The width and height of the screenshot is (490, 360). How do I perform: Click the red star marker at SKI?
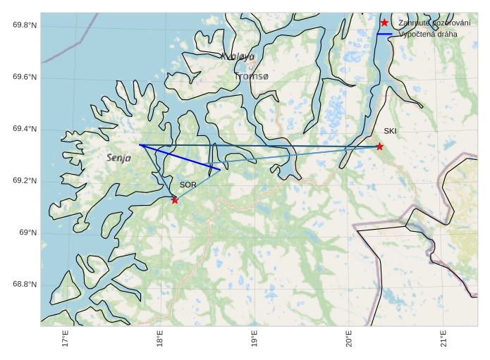point(379,147)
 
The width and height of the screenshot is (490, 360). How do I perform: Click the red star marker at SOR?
point(175,200)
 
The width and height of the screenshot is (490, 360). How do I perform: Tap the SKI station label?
point(390,131)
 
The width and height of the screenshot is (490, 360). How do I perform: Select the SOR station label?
point(188,185)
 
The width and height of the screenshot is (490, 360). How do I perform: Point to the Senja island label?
point(119,159)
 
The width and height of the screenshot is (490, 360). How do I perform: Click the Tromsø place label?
point(252,76)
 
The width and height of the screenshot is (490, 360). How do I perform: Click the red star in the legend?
point(384,23)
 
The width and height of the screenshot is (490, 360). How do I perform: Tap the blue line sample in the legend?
point(384,34)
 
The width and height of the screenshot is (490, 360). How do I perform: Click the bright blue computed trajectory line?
point(180,157)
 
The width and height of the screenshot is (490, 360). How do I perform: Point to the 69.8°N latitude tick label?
point(25,25)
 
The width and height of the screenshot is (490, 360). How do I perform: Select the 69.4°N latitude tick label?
point(25,129)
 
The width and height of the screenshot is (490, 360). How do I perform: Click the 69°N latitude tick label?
point(27,233)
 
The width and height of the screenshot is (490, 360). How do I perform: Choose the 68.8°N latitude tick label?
point(25,285)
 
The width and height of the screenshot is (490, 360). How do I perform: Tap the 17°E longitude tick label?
point(65,339)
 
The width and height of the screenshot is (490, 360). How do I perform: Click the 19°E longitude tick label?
point(254,339)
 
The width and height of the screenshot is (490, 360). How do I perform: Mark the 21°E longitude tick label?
point(443,339)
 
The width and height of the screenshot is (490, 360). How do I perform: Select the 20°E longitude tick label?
point(348,339)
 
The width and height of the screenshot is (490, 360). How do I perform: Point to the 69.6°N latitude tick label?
point(25,77)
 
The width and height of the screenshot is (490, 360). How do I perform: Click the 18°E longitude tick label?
point(159,339)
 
